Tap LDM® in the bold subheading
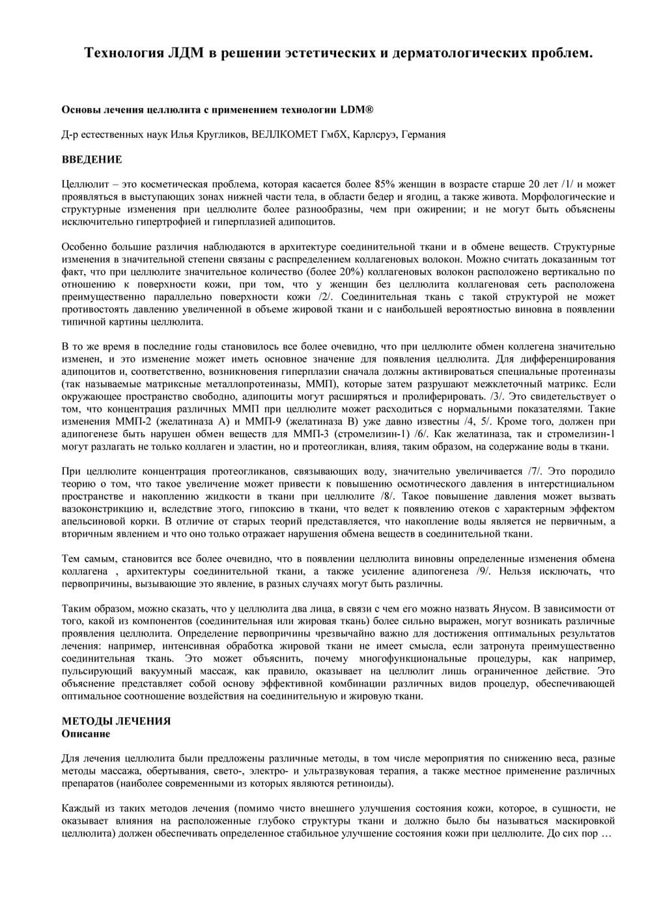[x=357, y=110]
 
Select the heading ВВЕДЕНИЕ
[x=91, y=159]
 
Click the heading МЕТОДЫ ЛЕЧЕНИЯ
[x=116, y=721]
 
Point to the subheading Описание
[x=85, y=733]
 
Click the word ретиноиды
[x=364, y=784]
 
